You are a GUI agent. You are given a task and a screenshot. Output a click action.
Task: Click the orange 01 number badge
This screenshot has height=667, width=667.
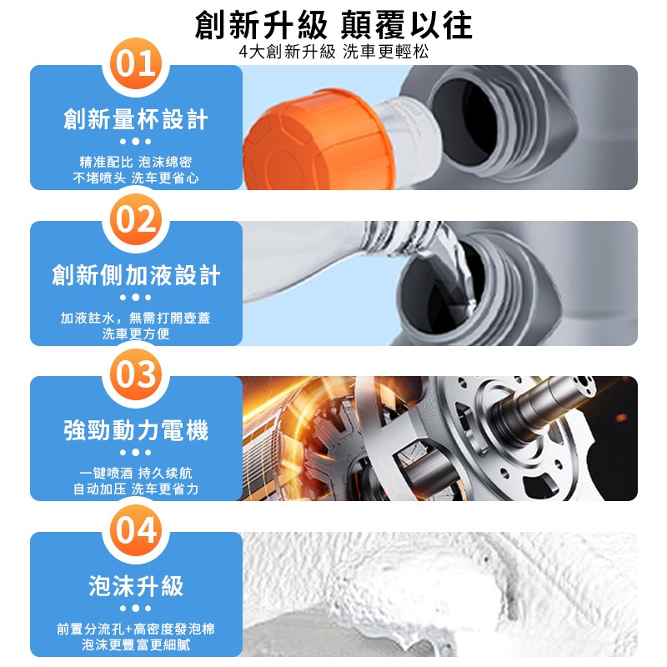(x=136, y=63)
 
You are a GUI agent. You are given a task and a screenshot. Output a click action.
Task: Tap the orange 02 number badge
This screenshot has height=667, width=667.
(x=136, y=219)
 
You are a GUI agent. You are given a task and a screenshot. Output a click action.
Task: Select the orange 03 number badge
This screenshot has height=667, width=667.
(x=136, y=374)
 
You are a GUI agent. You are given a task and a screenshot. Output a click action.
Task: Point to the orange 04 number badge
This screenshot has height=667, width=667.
(x=136, y=530)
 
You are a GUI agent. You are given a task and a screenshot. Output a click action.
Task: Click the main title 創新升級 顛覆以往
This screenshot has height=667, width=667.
(x=333, y=25)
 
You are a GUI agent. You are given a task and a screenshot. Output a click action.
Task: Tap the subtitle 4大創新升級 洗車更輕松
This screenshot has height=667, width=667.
(x=333, y=52)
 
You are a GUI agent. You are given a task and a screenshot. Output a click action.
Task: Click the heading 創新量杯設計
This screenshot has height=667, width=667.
(x=136, y=118)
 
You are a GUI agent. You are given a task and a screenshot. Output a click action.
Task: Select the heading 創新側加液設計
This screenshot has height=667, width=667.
(x=136, y=275)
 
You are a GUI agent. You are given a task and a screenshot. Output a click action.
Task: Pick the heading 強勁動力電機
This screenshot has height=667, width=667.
(x=136, y=430)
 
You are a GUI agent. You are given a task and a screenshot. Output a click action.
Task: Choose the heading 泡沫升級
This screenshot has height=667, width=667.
(x=136, y=586)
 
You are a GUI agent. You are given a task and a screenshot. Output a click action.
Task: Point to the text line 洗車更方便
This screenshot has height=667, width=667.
(x=136, y=334)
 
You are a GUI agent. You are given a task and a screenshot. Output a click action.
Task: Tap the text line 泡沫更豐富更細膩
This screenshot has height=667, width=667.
(x=136, y=644)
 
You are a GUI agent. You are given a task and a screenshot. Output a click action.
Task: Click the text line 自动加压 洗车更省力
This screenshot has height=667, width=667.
(x=136, y=489)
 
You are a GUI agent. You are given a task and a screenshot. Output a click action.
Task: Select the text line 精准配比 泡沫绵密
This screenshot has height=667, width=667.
(x=136, y=162)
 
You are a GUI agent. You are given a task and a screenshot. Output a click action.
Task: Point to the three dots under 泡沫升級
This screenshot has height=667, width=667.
(x=136, y=609)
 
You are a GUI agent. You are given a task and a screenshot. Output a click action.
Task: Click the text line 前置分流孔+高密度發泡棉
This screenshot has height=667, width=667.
(x=136, y=629)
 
